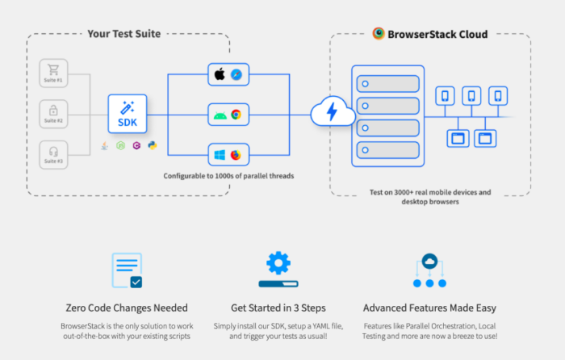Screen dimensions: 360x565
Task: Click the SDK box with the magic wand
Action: [128, 115]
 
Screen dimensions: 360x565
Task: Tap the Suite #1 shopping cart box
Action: [54, 74]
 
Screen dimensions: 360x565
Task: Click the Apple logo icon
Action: [219, 74]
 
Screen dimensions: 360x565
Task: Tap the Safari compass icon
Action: [236, 74]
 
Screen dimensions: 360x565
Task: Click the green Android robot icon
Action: [219, 115]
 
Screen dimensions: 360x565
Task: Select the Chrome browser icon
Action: [236, 115]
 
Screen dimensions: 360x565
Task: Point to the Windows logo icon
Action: [219, 154]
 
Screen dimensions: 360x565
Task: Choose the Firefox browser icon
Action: [236, 154]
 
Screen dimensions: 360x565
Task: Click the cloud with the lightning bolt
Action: [330, 112]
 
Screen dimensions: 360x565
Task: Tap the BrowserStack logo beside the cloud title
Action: [379, 34]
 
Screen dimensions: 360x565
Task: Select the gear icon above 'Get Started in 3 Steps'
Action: [278, 264]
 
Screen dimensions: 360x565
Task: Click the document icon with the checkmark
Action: [128, 270]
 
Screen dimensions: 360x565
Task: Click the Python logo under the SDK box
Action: [152, 145]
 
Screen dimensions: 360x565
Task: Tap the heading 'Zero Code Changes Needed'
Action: [127, 308]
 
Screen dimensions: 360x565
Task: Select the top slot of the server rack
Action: [387, 82]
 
